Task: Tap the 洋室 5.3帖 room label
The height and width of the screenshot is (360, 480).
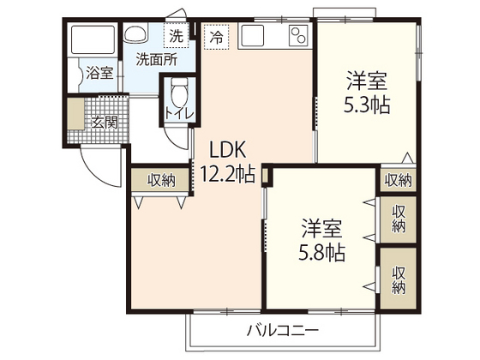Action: tap(368, 95)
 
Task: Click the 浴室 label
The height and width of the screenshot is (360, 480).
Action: tap(99, 73)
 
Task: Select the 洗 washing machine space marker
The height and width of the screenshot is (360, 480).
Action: tap(175, 37)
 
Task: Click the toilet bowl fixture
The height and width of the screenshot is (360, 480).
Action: tap(178, 93)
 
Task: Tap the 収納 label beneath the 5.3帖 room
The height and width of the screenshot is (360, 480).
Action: tap(398, 180)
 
